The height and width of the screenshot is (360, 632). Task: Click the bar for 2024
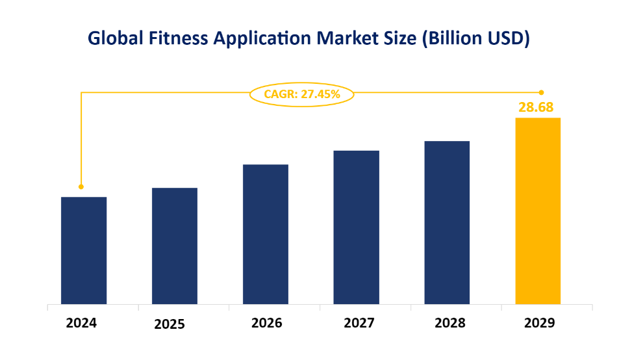click(84, 250)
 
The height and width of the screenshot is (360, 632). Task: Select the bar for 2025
click(175, 246)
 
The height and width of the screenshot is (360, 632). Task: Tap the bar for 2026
click(266, 234)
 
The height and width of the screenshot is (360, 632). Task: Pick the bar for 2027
click(356, 227)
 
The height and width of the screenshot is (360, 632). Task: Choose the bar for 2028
click(447, 222)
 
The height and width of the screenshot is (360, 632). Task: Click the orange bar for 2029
click(538, 211)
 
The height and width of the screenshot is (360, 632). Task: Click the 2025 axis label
click(170, 324)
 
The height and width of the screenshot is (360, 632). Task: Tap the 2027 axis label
click(356, 322)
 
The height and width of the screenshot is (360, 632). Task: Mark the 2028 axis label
click(447, 322)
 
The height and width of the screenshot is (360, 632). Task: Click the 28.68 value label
click(536, 107)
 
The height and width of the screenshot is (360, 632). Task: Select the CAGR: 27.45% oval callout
click(302, 94)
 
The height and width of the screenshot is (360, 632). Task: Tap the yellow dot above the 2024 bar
click(81, 186)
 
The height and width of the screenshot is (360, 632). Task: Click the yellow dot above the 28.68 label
click(541, 92)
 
